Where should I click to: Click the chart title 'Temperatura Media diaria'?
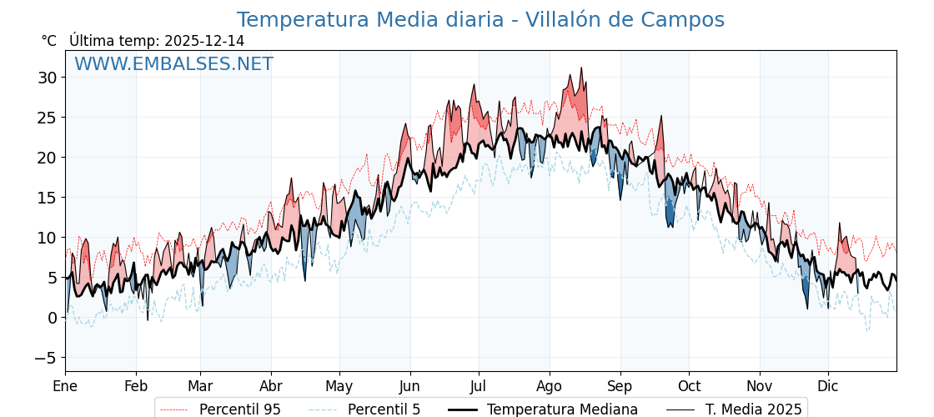point(480,20)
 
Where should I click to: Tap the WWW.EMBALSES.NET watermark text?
point(173,64)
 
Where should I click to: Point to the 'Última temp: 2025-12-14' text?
point(157,41)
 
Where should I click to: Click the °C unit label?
point(49,41)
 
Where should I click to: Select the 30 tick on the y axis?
point(47,78)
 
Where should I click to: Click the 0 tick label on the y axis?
point(52,318)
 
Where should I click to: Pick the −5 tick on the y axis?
point(47,358)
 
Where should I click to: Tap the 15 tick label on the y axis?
point(47,198)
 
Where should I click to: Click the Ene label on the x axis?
point(65,386)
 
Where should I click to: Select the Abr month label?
point(271,386)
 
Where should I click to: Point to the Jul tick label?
point(479,386)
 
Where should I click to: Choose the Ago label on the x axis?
point(549,386)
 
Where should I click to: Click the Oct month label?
point(689,386)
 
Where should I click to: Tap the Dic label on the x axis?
point(828,386)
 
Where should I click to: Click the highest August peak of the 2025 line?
point(581,68)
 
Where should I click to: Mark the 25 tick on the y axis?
point(47,118)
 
